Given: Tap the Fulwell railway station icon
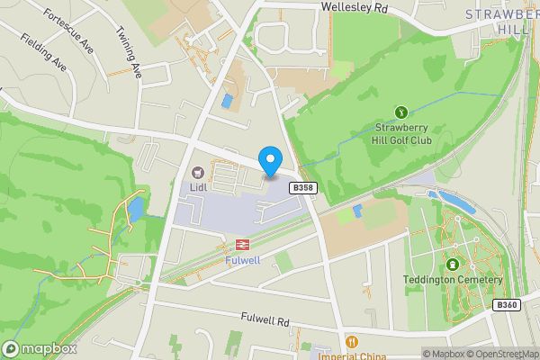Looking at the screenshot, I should tap(242, 244).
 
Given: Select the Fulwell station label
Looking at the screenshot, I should tap(242, 260).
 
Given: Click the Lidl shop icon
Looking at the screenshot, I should tap(198, 172).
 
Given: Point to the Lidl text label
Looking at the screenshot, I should tap(198, 188).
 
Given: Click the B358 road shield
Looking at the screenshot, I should tap(302, 187).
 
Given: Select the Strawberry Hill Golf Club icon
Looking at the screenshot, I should tap(401, 112).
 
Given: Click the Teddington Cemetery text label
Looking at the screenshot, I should tap(452, 280).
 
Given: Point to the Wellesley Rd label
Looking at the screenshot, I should tap(355, 8).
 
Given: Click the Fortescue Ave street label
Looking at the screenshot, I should tap(68, 31).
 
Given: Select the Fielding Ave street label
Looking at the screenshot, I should tap(44, 53).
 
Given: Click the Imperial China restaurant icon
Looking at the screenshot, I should tap(351, 342).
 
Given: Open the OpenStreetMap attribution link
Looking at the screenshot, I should tap(501, 354).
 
